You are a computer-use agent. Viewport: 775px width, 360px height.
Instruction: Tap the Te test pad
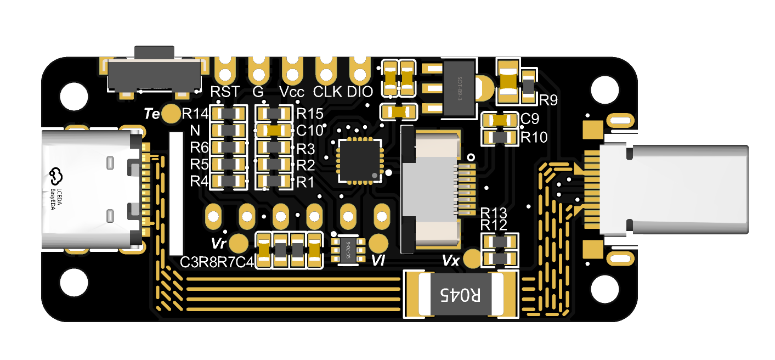(x=172, y=114)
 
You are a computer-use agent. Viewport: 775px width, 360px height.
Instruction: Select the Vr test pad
(x=238, y=243)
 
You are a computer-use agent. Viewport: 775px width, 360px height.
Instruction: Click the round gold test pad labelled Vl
(x=378, y=243)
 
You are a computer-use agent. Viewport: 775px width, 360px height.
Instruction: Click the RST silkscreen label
(x=225, y=92)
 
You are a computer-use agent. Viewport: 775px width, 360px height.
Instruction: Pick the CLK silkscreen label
(x=328, y=92)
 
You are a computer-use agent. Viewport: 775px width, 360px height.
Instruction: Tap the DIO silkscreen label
(x=360, y=92)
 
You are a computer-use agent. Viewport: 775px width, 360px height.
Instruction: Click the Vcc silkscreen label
(x=292, y=92)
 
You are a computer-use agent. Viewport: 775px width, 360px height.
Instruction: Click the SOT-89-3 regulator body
(x=460, y=88)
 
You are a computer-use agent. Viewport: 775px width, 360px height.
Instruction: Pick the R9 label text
(x=548, y=100)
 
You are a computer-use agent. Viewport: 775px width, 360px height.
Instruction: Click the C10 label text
(x=309, y=131)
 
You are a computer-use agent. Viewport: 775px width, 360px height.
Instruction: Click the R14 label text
(x=195, y=114)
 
